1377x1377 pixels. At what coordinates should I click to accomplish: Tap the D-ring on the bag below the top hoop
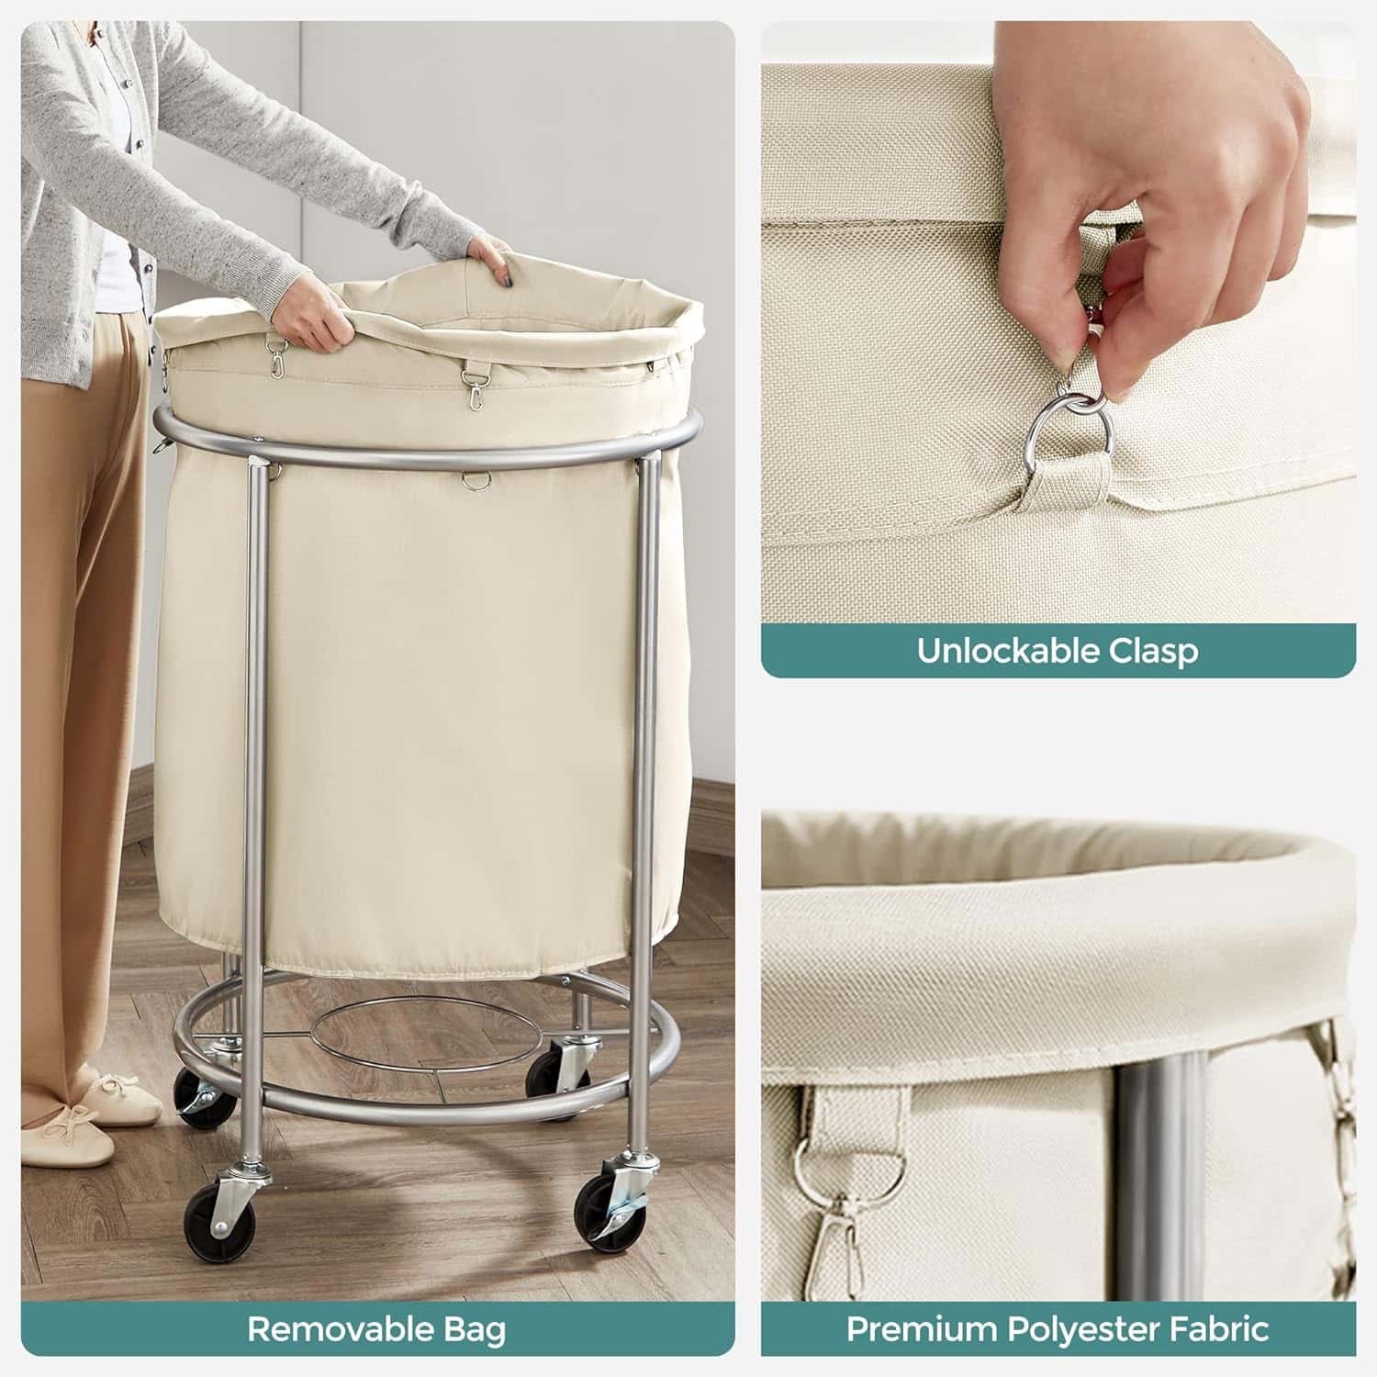point(473,480)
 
